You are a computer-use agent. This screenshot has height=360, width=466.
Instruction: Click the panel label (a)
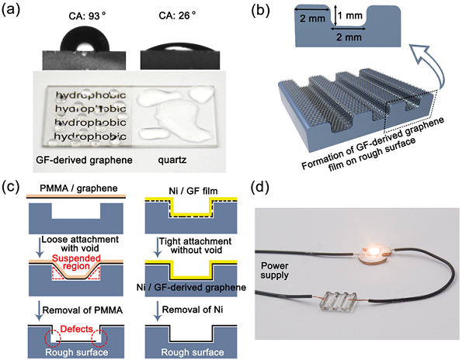(x=11, y=9)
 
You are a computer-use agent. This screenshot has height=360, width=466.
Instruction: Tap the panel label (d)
(x=260, y=188)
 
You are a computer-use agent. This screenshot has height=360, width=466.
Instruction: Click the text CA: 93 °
(x=87, y=16)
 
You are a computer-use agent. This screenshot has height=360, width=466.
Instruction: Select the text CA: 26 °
(x=177, y=16)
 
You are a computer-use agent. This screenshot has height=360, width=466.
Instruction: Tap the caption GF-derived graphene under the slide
(x=84, y=161)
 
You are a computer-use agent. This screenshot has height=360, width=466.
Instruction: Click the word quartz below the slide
(x=172, y=161)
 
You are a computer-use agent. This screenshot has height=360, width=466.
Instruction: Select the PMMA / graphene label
(x=78, y=189)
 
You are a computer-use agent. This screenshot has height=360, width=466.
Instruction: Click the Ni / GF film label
(x=193, y=191)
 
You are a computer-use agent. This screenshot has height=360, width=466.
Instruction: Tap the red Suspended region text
(x=76, y=261)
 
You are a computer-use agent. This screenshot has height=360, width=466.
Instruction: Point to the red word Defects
(x=76, y=329)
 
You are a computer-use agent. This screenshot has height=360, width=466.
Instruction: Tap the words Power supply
(x=274, y=270)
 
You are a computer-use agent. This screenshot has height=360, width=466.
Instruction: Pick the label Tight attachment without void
(x=196, y=246)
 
